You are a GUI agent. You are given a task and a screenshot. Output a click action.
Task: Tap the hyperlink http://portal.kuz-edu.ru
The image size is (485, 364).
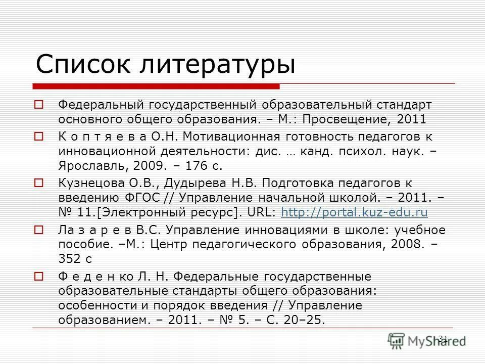coord(354,213)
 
